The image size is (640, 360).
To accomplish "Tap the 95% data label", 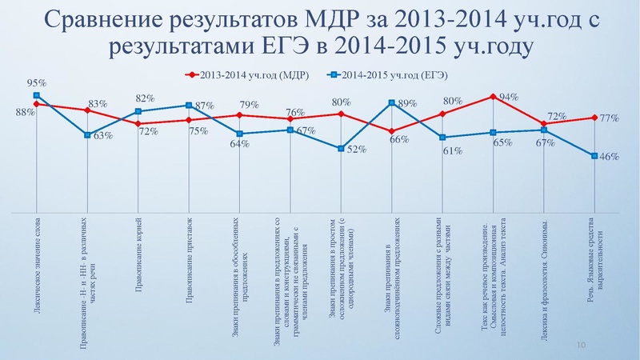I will click(36, 82).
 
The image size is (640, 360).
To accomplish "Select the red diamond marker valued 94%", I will click(494, 97).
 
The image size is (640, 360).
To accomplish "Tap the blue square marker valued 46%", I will click(594, 156).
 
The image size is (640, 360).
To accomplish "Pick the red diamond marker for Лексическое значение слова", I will click(37, 104).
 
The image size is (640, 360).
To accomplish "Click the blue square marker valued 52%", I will click(342, 149).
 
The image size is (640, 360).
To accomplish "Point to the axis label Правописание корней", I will click(138, 244).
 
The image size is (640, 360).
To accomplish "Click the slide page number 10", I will click(582, 343).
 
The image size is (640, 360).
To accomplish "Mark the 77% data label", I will click(611, 118).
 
